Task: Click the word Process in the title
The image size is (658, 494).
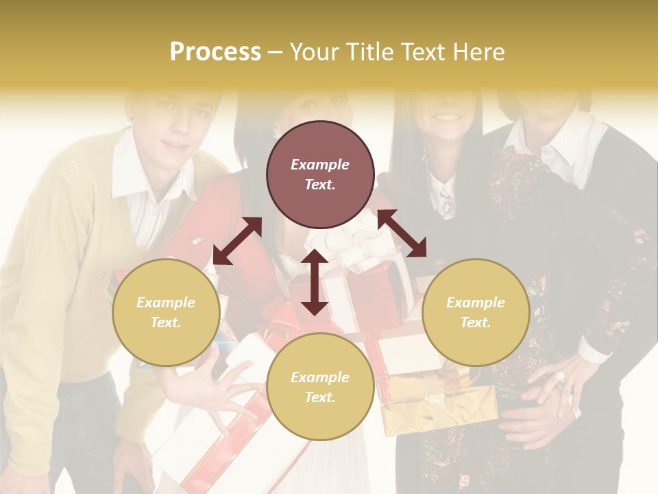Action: (215, 52)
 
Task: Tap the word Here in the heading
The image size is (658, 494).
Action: (477, 52)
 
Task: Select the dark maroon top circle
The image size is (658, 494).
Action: (320, 174)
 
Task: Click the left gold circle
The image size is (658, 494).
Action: (166, 312)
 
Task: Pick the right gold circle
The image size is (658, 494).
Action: (476, 312)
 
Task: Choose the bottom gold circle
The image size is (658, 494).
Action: (320, 387)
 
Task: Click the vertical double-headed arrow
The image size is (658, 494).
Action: (314, 282)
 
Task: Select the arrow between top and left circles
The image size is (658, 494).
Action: (237, 241)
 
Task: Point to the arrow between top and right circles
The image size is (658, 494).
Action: (402, 233)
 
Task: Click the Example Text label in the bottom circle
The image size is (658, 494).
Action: (320, 387)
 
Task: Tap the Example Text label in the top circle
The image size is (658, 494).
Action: (320, 174)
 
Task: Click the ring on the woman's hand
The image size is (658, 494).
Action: (560, 376)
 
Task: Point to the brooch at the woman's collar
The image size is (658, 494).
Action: (447, 204)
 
